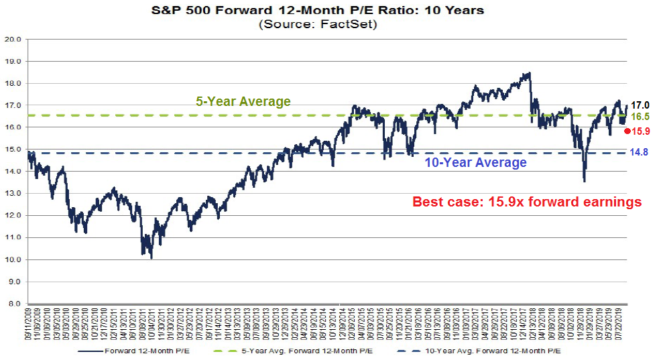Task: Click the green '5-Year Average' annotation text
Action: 243,102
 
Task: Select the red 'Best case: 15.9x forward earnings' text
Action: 527,202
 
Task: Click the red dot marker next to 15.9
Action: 627,131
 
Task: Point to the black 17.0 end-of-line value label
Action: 642,105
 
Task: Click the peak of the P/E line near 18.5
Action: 529,73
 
